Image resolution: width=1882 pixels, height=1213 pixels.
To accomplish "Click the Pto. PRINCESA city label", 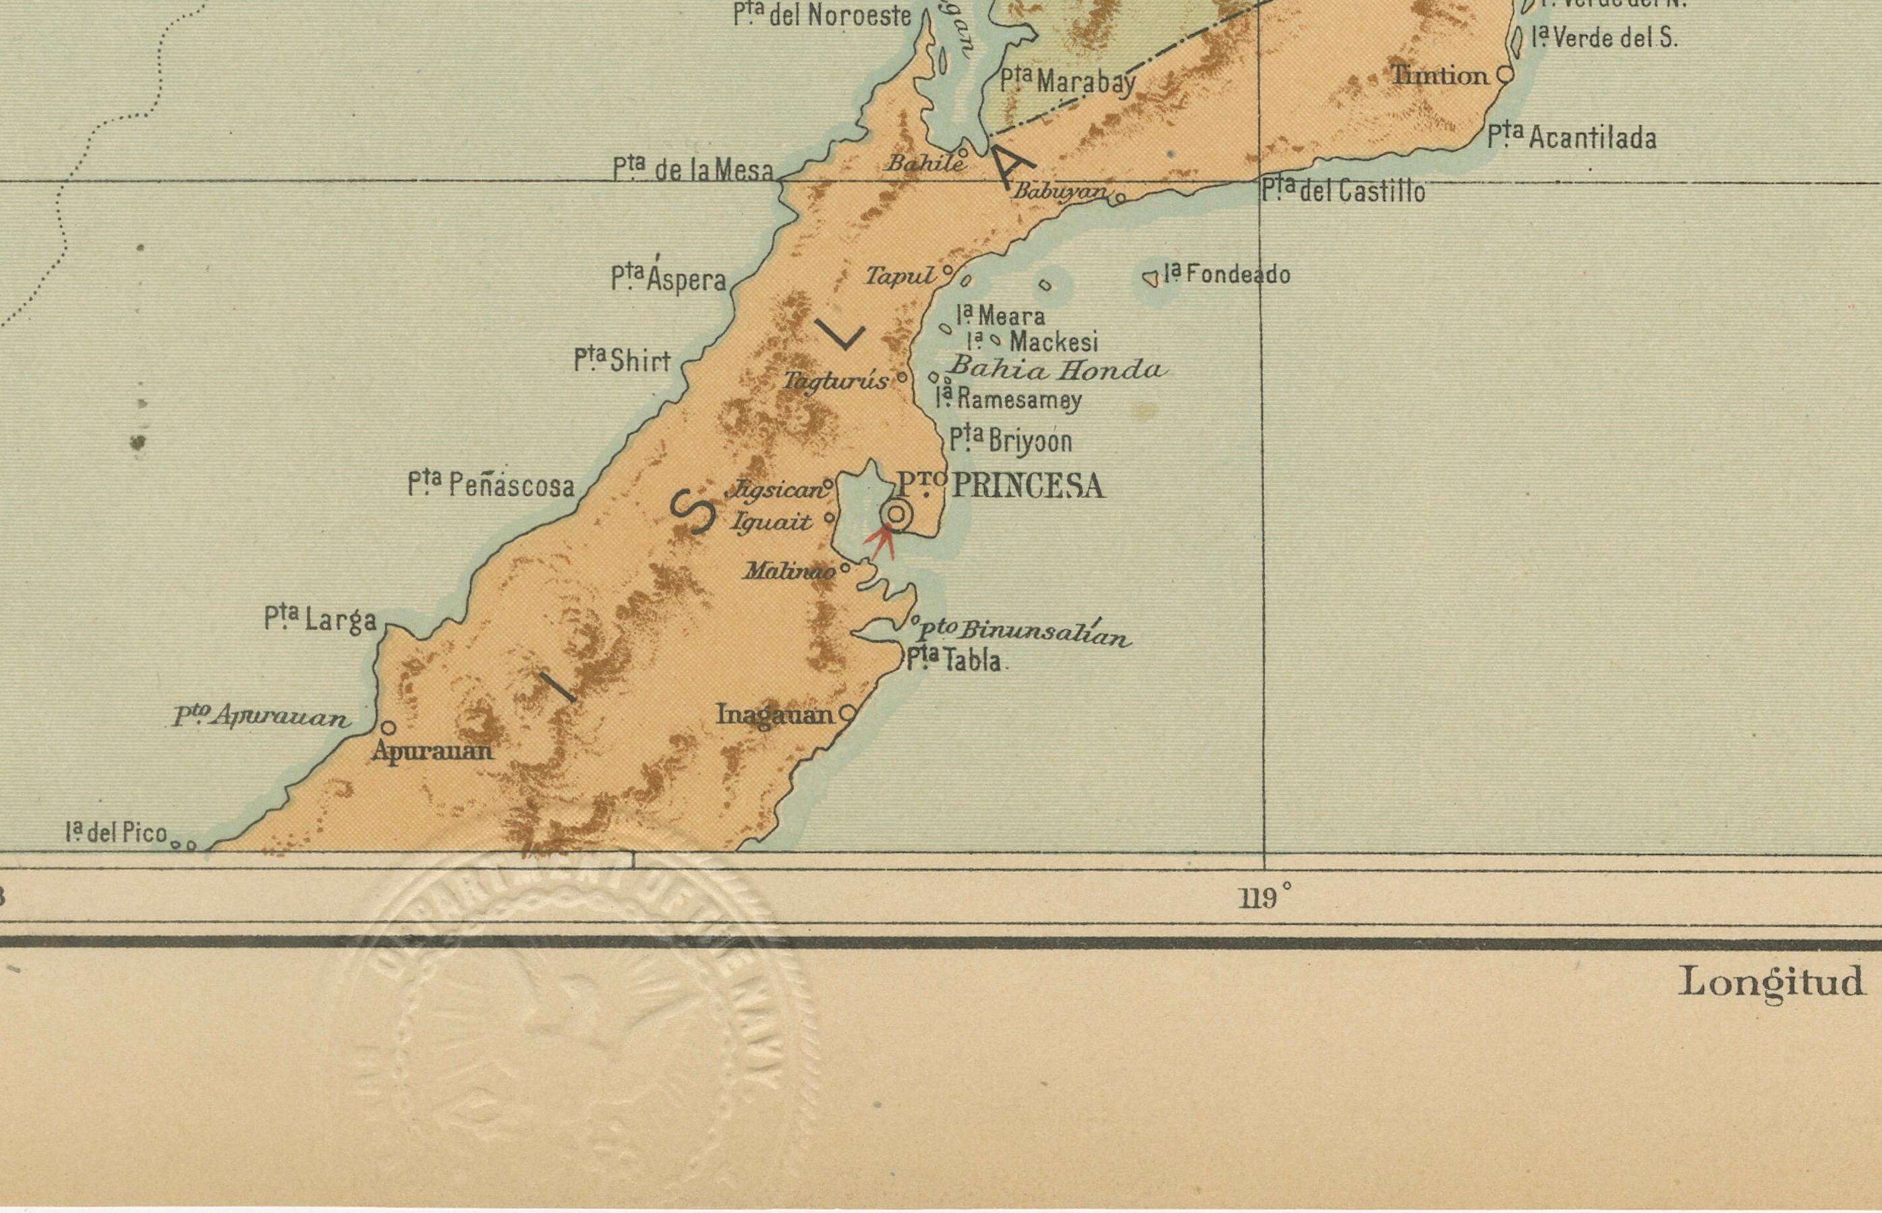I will click(1001, 485).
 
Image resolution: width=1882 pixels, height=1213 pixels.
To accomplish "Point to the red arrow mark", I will click(881, 540).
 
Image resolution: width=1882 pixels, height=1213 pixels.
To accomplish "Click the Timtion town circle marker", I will click(1505, 75).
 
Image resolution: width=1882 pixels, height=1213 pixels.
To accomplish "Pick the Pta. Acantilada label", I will click(1572, 138).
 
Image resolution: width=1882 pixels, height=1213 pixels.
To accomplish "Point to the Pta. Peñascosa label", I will click(491, 484).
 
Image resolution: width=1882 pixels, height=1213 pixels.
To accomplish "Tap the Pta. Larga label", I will click(320, 619).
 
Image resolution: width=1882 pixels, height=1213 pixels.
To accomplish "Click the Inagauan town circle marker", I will click(847, 714).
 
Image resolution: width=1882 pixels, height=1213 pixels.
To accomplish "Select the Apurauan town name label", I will click(432, 751).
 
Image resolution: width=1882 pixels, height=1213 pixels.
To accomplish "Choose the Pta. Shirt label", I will click(622, 361).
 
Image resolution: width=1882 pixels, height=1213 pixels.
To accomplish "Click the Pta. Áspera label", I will click(668, 278).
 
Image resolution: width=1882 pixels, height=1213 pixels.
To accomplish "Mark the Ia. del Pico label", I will click(117, 833).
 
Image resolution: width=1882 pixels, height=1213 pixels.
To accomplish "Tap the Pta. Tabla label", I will click(954, 659).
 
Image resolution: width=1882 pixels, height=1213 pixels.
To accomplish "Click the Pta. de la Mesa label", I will click(693, 169).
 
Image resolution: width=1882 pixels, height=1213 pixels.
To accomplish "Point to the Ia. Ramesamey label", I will click(1008, 399).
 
